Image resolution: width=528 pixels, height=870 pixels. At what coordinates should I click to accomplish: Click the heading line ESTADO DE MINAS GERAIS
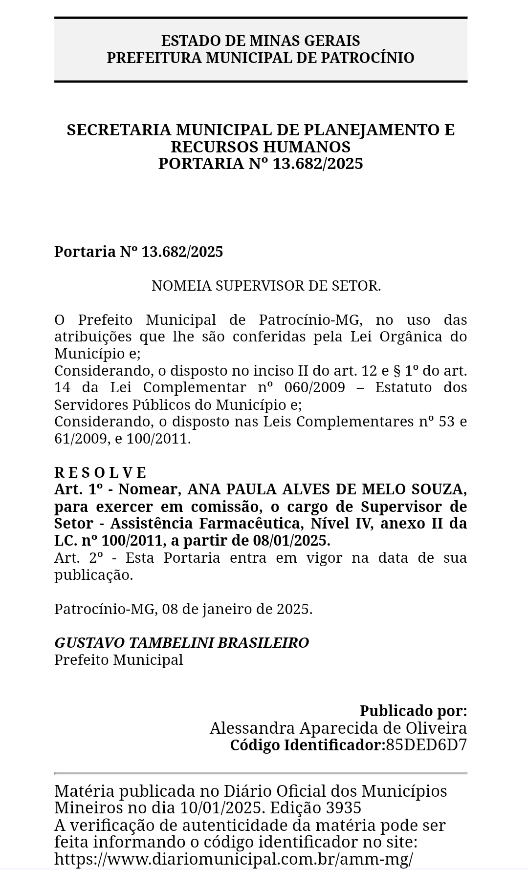coord(261,41)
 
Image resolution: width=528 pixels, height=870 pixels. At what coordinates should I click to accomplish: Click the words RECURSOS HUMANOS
coord(261,147)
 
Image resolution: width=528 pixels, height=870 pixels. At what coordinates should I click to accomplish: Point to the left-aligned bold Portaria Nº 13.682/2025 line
coord(138,252)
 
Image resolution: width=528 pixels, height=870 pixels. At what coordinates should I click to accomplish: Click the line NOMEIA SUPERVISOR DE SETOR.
coord(266,286)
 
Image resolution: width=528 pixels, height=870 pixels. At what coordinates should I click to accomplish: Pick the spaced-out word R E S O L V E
coord(100,472)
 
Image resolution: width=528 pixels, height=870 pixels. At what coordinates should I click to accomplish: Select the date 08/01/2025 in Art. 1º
coord(291,541)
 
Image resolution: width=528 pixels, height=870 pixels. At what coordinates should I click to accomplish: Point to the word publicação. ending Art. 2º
coord(93,575)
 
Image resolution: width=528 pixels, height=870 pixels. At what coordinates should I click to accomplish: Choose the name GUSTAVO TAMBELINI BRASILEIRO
coord(181,643)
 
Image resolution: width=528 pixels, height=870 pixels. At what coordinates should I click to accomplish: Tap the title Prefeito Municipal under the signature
coord(118,660)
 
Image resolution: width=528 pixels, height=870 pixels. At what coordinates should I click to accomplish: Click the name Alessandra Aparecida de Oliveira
coord(338,728)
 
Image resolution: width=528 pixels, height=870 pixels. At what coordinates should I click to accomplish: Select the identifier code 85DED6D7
coord(426,745)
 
